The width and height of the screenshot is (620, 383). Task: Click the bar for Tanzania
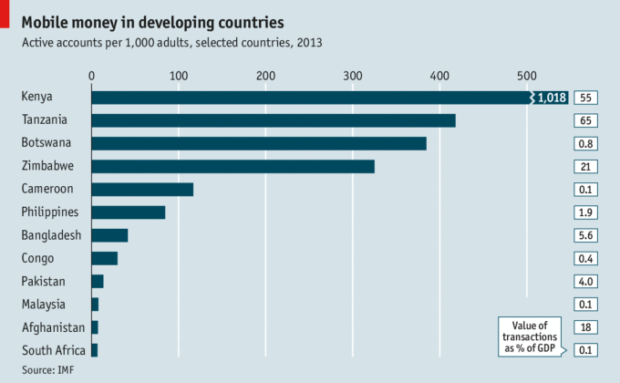(x=274, y=120)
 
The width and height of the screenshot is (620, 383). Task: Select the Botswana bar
(x=259, y=143)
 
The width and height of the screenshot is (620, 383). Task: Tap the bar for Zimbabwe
(x=233, y=166)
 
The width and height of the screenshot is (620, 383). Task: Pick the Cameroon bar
(x=142, y=189)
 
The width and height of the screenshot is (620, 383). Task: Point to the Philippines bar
(x=129, y=212)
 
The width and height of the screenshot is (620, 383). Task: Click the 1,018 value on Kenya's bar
(x=553, y=98)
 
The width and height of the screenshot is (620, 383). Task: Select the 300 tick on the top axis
(x=352, y=75)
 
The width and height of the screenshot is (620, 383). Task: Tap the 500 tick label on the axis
(x=526, y=75)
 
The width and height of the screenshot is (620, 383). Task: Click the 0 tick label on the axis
(x=91, y=75)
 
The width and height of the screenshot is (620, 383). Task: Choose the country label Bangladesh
(x=52, y=235)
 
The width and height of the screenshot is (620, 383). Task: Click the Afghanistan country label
(x=53, y=327)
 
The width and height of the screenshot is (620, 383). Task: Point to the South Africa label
(x=54, y=350)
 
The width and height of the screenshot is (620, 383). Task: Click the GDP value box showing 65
(x=586, y=120)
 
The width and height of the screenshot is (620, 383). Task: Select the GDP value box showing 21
(x=586, y=166)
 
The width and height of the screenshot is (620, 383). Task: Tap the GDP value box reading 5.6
(x=586, y=235)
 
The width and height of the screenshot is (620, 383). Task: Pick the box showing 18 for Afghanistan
(x=586, y=327)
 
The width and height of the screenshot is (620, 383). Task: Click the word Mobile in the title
(x=46, y=20)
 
